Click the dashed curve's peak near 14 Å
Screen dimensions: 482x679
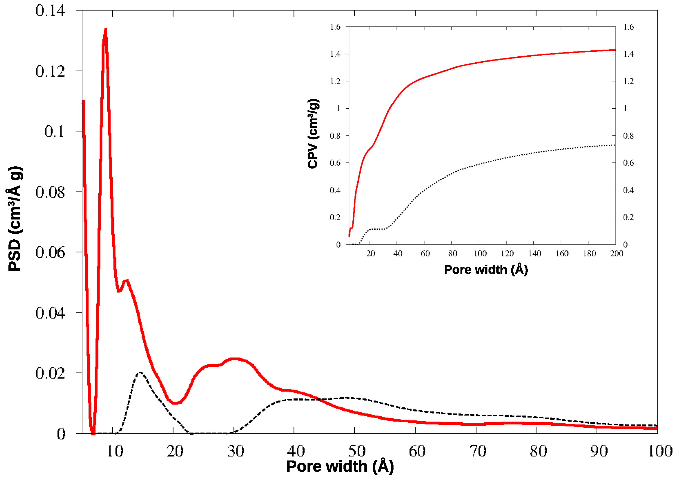140,373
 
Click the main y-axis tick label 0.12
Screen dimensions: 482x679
50,72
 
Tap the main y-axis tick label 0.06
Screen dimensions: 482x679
50,253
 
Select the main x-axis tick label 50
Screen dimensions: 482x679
357,451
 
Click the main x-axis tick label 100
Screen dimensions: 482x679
660,451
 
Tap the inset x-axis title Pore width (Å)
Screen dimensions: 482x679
486,270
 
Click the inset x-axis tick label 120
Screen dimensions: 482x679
507,254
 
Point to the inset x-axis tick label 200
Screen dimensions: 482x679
616,254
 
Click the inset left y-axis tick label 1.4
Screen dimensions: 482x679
335,54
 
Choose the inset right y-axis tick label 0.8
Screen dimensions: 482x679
628,136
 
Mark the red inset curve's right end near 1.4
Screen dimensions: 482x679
615,50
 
